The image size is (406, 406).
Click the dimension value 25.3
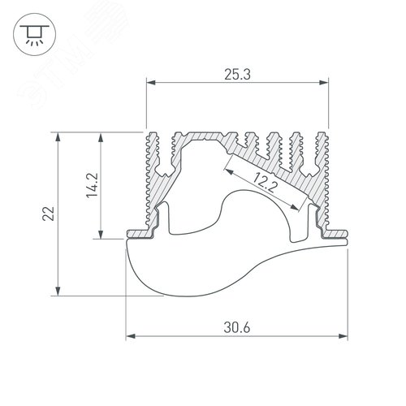tap(236, 76)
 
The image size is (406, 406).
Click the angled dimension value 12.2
tap(262, 184)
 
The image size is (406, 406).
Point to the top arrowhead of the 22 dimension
tap(58, 137)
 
